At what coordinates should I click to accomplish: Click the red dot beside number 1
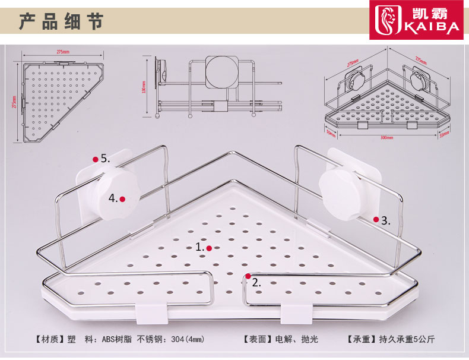209,248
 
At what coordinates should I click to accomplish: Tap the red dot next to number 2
248,276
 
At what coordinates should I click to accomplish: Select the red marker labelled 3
376,219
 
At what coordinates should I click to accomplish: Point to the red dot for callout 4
122,199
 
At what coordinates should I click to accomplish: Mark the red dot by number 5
95,159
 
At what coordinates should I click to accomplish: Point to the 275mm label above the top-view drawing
61,52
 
